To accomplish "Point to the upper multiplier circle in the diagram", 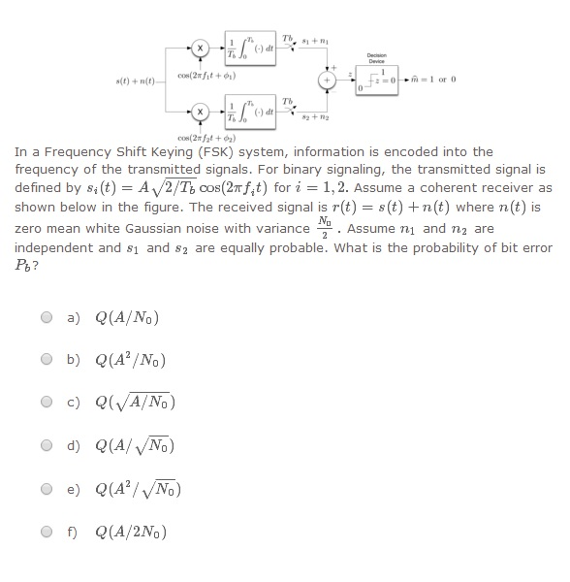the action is (x=199, y=47).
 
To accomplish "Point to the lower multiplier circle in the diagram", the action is (x=199, y=113).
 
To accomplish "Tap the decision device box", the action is (x=377, y=81).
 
